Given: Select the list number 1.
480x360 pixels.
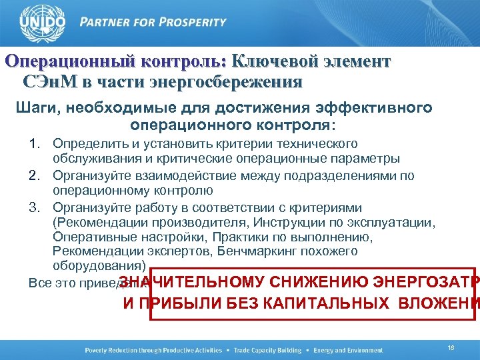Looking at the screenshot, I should pyautogui.click(x=35, y=144).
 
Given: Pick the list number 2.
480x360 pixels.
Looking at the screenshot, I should pyautogui.click(x=35, y=176).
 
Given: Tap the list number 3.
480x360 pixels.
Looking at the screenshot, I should pyautogui.click(x=35, y=207).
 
